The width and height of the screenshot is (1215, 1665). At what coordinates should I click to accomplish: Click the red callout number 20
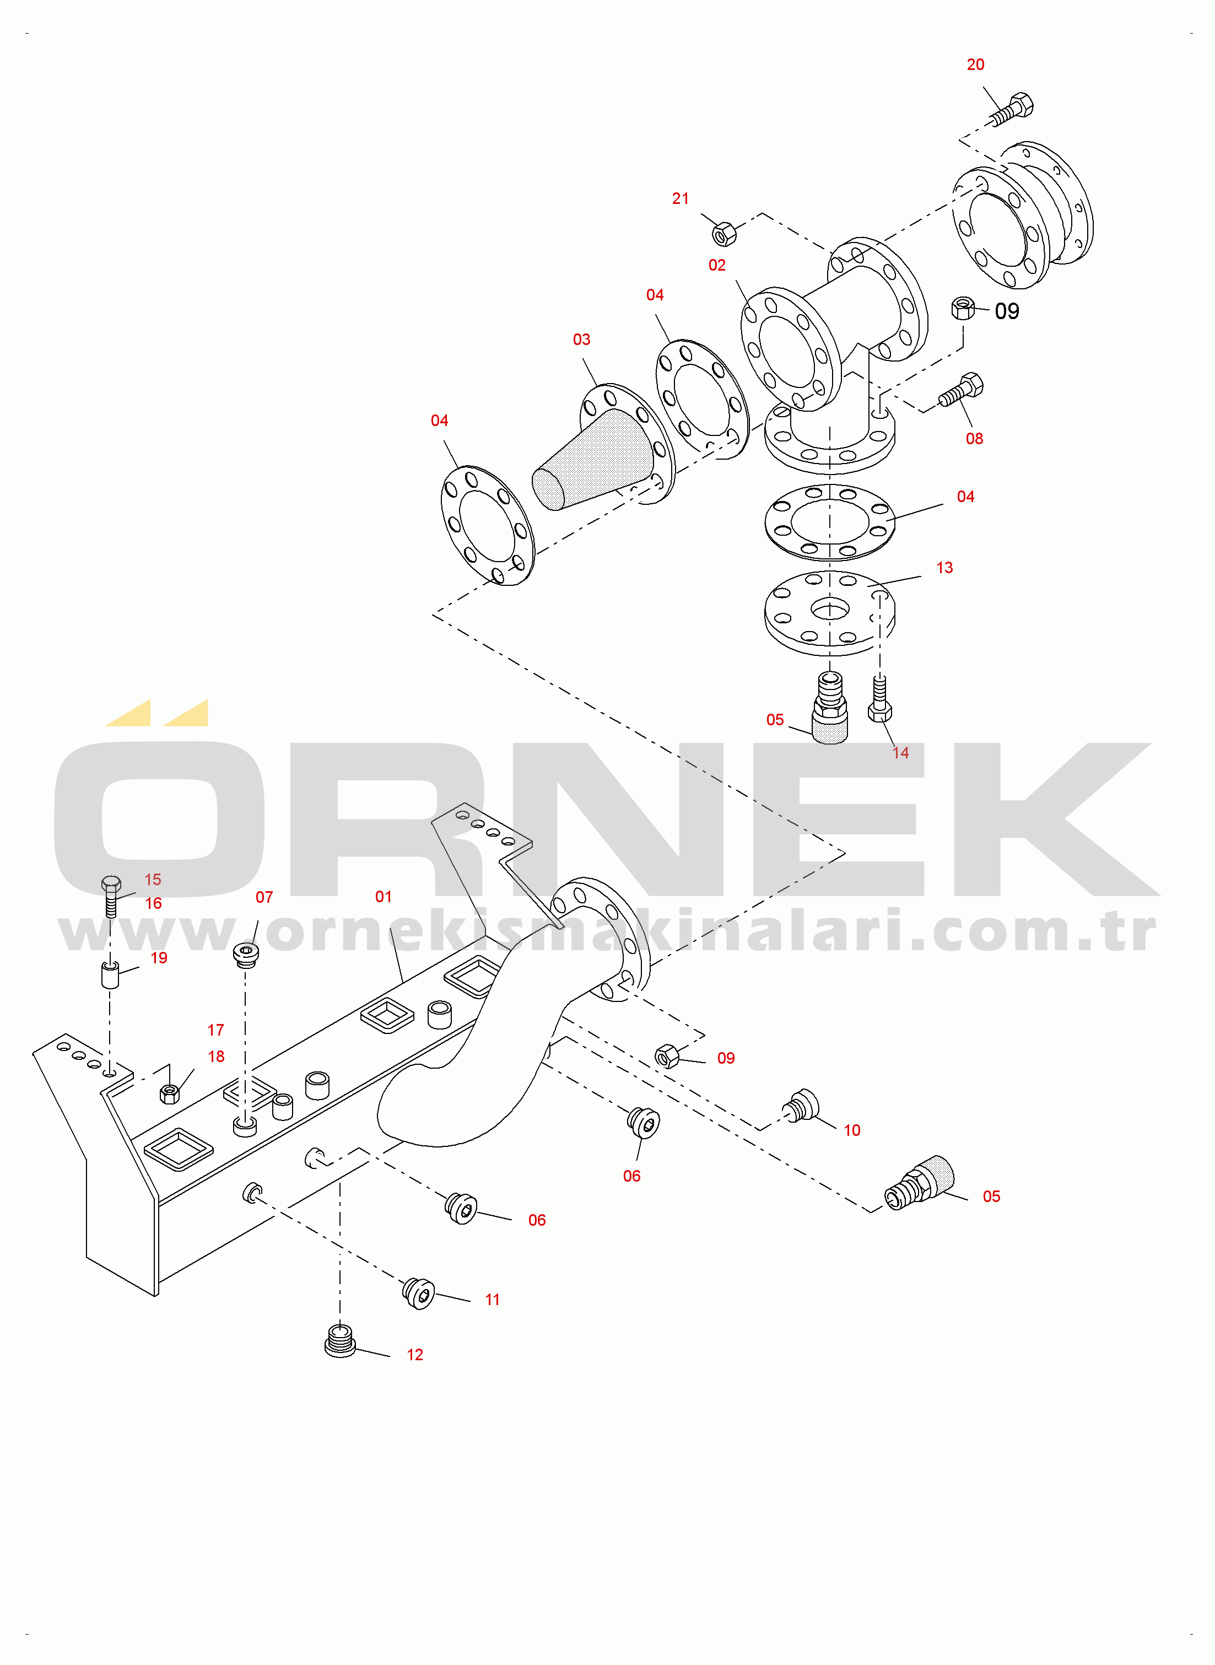point(975,64)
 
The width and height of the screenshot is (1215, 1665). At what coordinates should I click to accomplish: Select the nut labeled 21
point(725,233)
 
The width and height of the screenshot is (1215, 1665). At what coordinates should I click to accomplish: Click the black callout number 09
point(1007,311)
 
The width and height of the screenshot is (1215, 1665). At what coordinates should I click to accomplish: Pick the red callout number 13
point(944,568)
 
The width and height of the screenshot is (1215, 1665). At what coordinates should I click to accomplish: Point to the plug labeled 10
point(801,1106)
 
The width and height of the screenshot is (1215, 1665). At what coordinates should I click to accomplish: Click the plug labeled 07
point(246,955)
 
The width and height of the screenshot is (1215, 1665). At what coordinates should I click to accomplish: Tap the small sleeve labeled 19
point(110,974)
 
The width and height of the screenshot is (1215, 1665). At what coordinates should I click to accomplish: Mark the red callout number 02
point(717,266)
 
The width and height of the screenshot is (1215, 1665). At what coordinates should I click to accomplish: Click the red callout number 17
point(215,1030)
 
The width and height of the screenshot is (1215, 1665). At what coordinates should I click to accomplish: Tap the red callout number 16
point(153,904)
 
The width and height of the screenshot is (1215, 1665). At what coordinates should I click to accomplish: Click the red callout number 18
point(216,1057)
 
